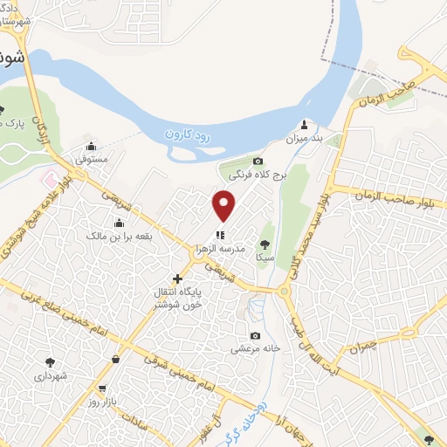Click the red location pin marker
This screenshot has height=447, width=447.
(x=225, y=206)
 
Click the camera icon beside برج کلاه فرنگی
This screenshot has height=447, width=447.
(x=258, y=162)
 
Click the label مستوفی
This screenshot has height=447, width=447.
(x=91, y=161)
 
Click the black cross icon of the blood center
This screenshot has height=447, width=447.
(x=177, y=279)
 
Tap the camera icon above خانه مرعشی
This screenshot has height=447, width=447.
(x=255, y=336)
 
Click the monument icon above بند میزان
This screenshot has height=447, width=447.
(x=304, y=124)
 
